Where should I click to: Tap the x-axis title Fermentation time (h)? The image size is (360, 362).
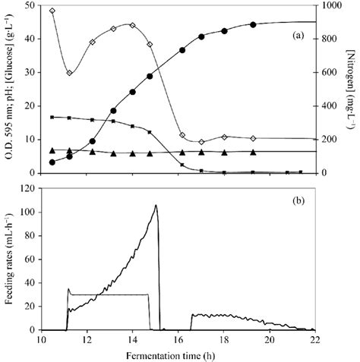coord(179,356)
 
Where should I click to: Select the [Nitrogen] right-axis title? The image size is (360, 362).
coord(353,89)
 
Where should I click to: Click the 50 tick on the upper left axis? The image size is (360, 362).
coord(31,6)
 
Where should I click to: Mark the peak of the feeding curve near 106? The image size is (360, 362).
coord(156,205)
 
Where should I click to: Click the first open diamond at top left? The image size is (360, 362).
coord(52,11)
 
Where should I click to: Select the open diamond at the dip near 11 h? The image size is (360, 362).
coord(69,73)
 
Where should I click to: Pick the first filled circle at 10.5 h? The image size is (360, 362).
coord(52,162)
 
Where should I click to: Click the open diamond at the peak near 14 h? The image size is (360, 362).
coord(132,25)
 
